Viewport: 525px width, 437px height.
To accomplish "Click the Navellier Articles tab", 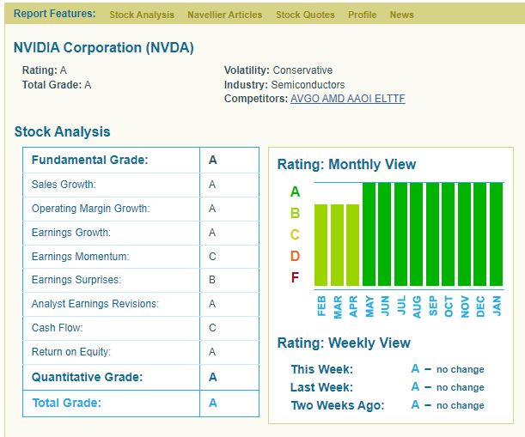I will [224, 15].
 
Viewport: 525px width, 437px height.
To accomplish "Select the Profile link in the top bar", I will [362, 15].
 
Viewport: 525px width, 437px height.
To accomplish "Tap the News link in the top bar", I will [401, 15].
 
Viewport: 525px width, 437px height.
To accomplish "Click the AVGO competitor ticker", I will [304, 99].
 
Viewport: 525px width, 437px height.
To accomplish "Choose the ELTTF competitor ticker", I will [389, 99].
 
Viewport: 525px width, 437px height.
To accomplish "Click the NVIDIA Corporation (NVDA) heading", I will [104, 47].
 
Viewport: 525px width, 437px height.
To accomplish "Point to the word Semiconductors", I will [308, 85].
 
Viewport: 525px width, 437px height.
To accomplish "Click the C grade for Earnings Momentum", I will [212, 257].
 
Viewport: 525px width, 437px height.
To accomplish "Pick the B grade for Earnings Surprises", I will [212, 280].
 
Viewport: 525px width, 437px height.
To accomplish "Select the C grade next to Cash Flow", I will [212, 328].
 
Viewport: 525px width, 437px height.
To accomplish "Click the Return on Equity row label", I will [71, 352].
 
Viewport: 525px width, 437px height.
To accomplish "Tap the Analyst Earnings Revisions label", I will [95, 304].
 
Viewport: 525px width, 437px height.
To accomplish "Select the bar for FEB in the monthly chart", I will [321, 245].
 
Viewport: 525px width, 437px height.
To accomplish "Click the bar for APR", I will [352, 245].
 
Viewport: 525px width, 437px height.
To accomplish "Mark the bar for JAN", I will [496, 234].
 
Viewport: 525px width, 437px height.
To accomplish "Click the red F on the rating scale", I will [295, 277].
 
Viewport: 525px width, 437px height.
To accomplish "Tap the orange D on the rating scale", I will [295, 256].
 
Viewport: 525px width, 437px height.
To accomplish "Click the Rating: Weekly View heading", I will [344, 343].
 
